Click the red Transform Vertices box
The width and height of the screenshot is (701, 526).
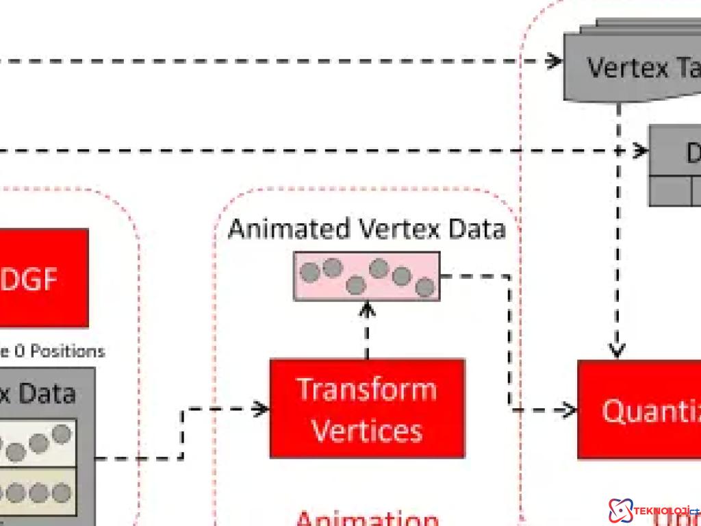tap(367, 408)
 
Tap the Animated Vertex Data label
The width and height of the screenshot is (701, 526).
tap(367, 229)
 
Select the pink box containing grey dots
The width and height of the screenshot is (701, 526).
tap(367, 276)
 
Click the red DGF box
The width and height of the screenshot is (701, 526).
tap(41, 278)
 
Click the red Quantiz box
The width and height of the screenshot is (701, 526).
tap(639, 410)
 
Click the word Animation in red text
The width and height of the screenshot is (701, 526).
tap(367, 517)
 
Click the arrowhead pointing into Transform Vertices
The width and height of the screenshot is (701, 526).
tap(261, 409)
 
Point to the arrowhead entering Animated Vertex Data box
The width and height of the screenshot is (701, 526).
tap(368, 310)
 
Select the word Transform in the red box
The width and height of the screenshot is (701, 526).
tap(367, 389)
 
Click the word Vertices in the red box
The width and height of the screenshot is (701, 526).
tap(367, 430)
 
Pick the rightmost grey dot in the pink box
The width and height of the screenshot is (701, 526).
tap(425, 287)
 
